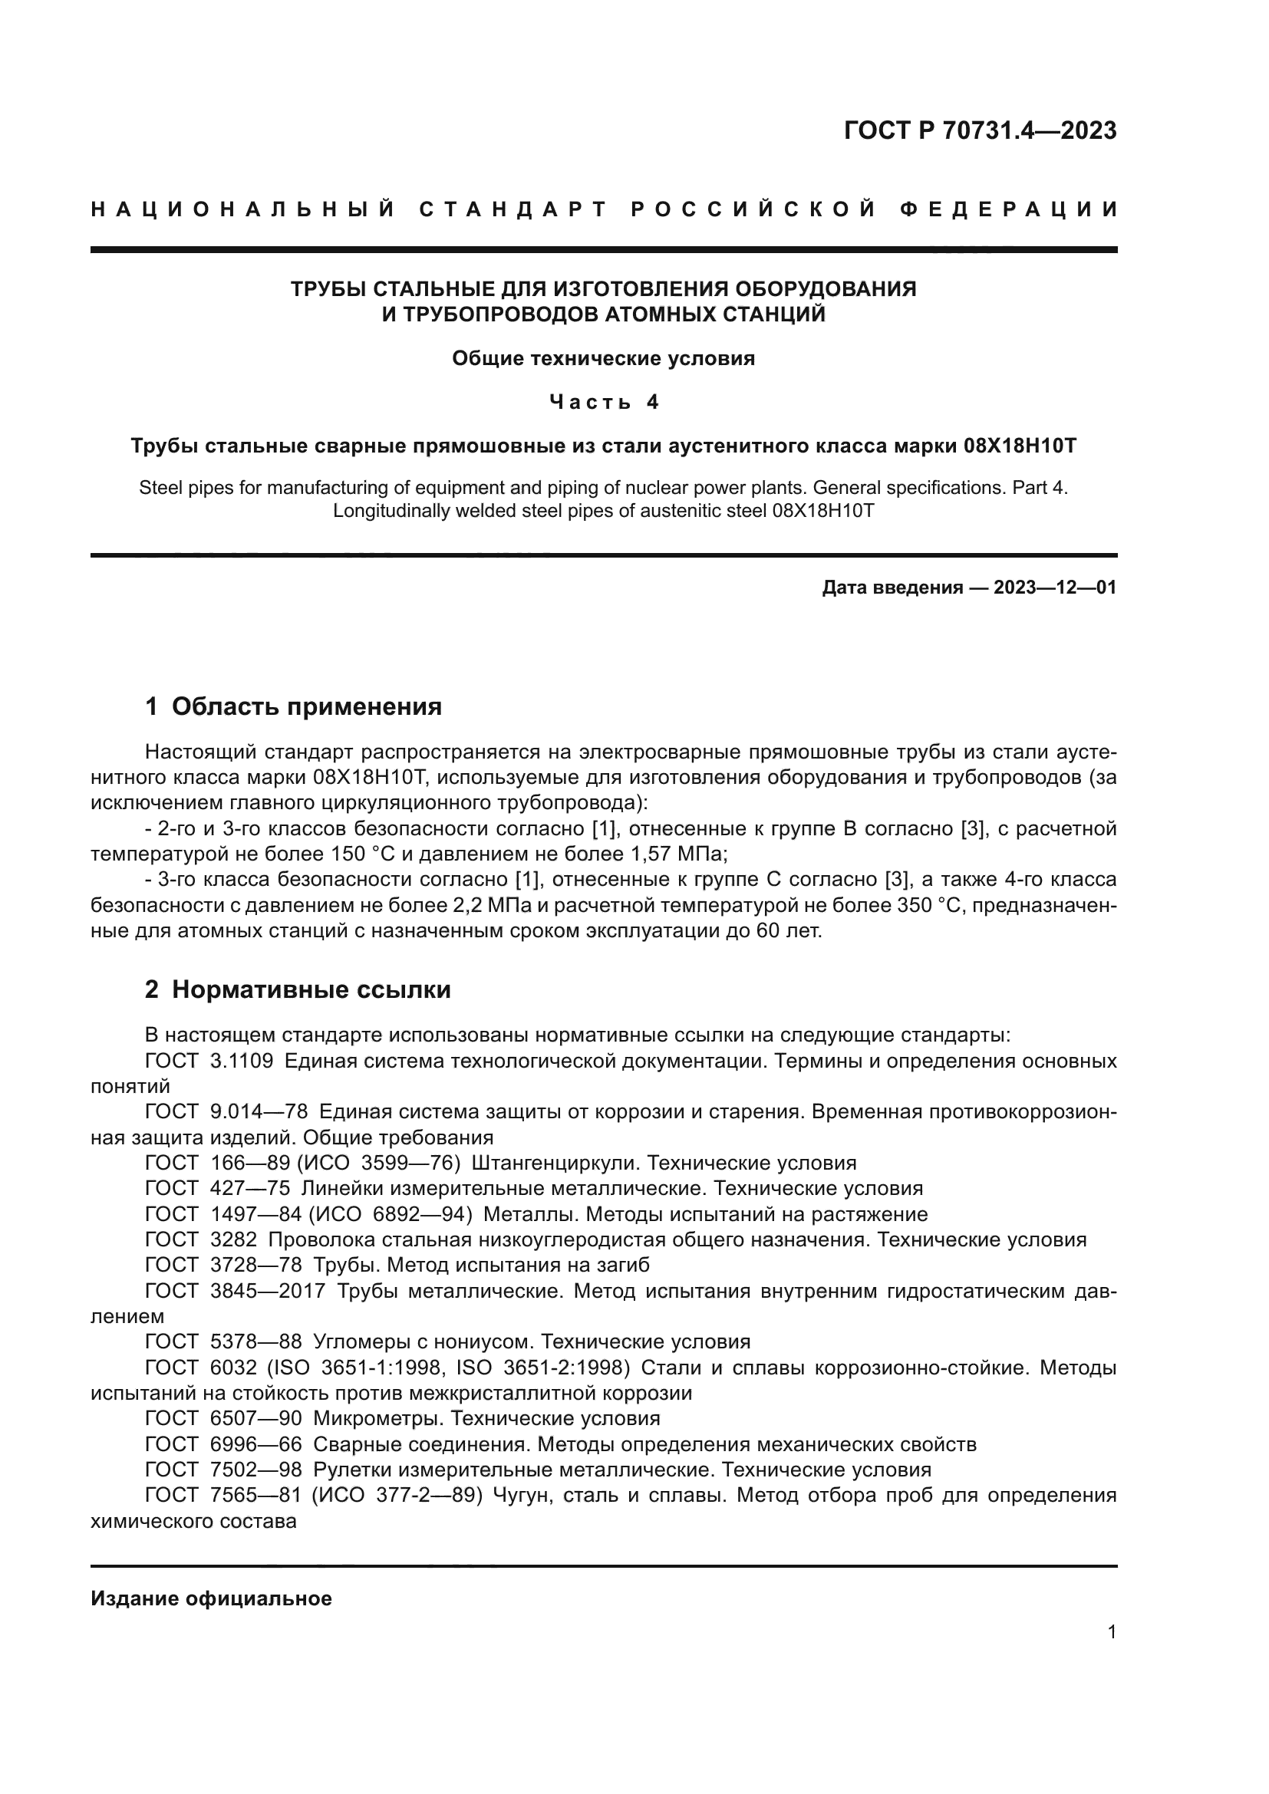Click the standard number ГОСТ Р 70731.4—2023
point(980,130)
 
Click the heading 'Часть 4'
point(604,402)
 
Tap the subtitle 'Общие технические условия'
point(604,359)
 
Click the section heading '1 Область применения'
point(293,706)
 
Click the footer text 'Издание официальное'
point(211,1598)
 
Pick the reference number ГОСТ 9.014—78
point(226,1112)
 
